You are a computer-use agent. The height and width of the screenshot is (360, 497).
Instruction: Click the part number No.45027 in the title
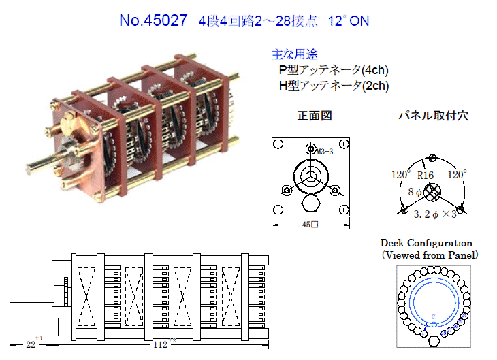point(153,20)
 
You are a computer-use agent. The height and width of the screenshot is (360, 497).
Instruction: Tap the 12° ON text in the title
point(349,21)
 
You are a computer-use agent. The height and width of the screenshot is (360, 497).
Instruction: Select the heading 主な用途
point(295,54)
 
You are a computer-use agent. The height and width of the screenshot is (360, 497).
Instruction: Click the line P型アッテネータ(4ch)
point(334,70)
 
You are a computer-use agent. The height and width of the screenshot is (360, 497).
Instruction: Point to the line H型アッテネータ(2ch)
point(334,86)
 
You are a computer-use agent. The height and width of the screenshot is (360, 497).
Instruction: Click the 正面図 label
point(315,116)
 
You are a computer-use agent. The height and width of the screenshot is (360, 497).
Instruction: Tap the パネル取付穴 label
point(433,116)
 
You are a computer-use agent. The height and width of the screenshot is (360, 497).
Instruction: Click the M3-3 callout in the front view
point(325,152)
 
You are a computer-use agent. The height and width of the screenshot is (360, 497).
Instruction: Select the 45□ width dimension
point(310,225)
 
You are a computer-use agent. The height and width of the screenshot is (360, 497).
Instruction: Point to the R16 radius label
point(426,176)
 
